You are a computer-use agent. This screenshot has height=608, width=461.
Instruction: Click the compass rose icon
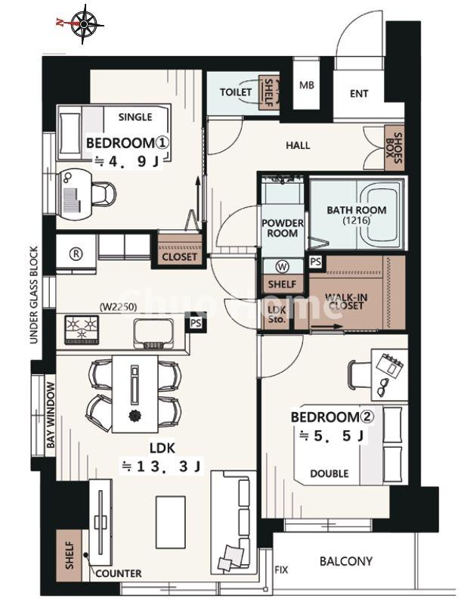(x=84, y=23)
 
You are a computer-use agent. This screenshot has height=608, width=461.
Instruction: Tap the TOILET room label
(x=236, y=92)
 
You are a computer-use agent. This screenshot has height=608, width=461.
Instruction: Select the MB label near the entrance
(x=306, y=85)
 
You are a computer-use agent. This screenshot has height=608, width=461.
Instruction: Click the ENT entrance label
(x=359, y=94)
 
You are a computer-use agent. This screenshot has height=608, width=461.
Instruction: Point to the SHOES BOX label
(x=394, y=147)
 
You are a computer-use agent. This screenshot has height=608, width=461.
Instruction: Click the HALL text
(x=298, y=145)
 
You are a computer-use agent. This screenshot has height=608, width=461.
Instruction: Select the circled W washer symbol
(x=283, y=266)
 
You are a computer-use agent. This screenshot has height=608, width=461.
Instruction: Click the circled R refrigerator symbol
(x=76, y=253)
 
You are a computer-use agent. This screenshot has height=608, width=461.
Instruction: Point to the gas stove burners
(x=82, y=330)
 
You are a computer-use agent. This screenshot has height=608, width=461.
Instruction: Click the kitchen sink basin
(x=154, y=333)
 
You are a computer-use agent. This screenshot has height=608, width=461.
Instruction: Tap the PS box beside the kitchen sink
(x=196, y=323)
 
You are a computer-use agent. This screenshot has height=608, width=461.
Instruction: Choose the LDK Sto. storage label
(x=277, y=315)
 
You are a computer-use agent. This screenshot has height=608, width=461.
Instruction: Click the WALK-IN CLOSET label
(x=346, y=302)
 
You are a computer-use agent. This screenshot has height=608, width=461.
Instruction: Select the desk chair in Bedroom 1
(x=104, y=193)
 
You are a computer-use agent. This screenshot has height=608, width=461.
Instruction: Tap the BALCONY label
(x=346, y=561)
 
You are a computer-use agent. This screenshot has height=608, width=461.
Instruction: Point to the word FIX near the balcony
(x=281, y=570)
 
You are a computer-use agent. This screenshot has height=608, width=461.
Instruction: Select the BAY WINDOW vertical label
(x=51, y=415)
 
